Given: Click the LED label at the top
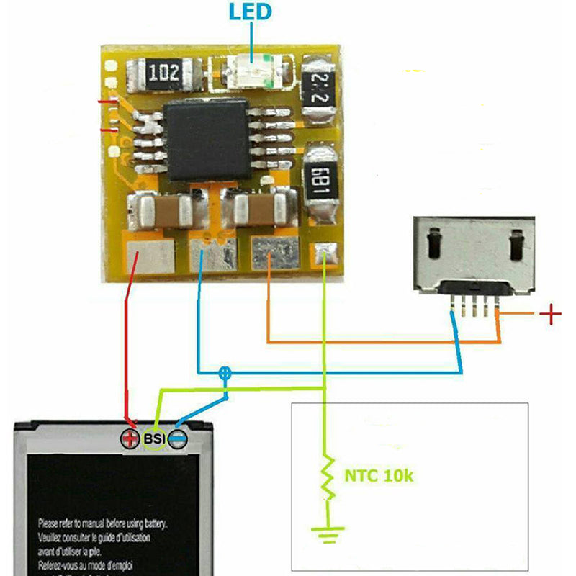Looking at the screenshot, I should click(x=251, y=12).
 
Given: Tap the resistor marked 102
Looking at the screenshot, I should click(x=164, y=73).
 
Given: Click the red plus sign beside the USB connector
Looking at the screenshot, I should click(x=551, y=314).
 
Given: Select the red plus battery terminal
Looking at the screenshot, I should click(x=131, y=438).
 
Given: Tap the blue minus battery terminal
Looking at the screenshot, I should click(x=178, y=438).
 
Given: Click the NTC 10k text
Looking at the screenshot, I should click(x=379, y=476).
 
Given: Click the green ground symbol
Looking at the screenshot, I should click(x=327, y=533).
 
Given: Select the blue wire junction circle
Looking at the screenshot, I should click(x=225, y=373).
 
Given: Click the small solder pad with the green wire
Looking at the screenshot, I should click(x=323, y=253).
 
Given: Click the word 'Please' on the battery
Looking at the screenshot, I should click(x=52, y=523).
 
